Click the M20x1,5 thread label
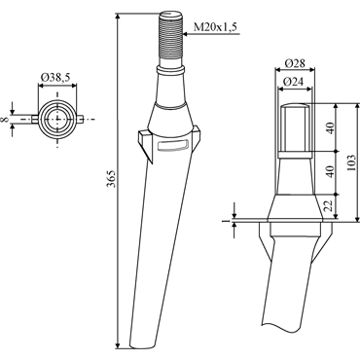pos(214,27)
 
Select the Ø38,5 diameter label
pos(55,77)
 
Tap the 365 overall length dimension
pos(111,178)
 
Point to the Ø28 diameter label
pos(295,63)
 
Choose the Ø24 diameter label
pos(293,82)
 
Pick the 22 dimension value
pos(330,206)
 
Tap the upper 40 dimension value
pos(330,127)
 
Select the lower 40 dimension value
pos(330,171)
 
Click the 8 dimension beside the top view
pos(5,120)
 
